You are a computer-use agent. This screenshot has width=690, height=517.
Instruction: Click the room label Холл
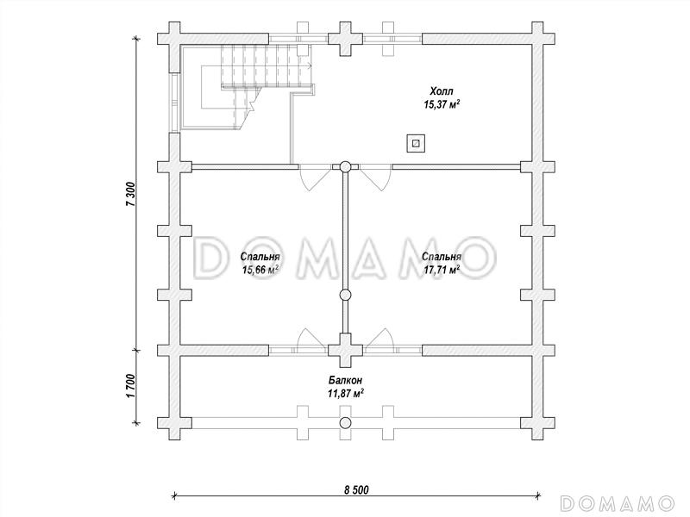point(442,91)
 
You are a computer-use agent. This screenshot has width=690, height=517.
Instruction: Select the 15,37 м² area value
point(442,104)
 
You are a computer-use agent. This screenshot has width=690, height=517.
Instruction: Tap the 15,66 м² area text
point(260,270)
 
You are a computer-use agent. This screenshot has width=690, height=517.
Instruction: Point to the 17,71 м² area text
point(442,270)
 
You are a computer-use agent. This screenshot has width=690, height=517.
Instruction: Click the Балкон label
point(346,380)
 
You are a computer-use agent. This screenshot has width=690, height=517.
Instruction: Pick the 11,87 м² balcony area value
point(346,393)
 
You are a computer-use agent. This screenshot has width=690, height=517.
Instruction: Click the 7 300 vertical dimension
point(131,193)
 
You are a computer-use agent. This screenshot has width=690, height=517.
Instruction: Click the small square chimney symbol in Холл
point(416,143)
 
